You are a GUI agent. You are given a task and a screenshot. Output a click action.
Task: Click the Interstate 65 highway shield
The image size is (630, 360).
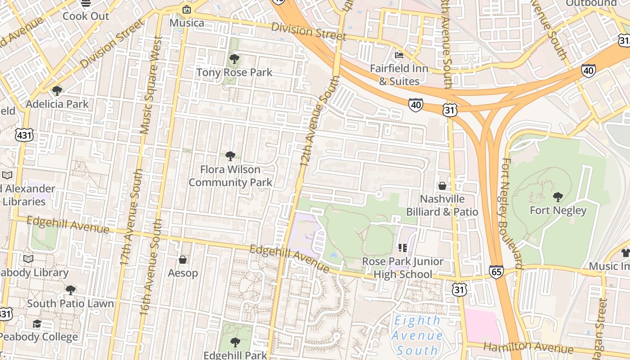coord(496,271)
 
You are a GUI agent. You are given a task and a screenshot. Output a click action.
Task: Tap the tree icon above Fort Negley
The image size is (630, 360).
coord(558,197)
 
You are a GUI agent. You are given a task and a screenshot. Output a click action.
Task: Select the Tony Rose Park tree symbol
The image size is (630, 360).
coord(234,58)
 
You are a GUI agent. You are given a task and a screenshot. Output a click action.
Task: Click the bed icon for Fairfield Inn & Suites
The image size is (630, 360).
coord(399,55)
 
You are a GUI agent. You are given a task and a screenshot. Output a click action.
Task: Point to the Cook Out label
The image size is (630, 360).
coord(86,16)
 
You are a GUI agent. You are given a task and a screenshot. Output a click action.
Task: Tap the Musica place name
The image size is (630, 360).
coord(187,22)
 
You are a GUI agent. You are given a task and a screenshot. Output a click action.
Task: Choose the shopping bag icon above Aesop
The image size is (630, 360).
coord(183,260)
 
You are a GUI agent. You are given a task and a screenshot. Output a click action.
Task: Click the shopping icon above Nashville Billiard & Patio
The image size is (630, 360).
coord(442,185)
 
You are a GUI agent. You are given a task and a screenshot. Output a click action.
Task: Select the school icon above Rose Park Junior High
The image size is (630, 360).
coord(403,247)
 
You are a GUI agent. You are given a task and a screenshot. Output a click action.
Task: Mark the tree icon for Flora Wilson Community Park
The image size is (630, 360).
coord(230,156)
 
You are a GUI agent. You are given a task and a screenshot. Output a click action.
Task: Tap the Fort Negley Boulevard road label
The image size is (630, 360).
coord(512,214)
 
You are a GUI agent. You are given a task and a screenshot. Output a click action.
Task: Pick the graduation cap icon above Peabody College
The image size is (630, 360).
coord(37,324)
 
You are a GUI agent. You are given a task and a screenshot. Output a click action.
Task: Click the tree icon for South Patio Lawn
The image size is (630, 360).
coord(70,290)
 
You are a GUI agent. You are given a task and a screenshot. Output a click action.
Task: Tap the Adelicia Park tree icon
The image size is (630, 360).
coord(57,91)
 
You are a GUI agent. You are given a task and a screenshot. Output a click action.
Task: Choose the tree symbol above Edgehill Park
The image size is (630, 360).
coord(234,342)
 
